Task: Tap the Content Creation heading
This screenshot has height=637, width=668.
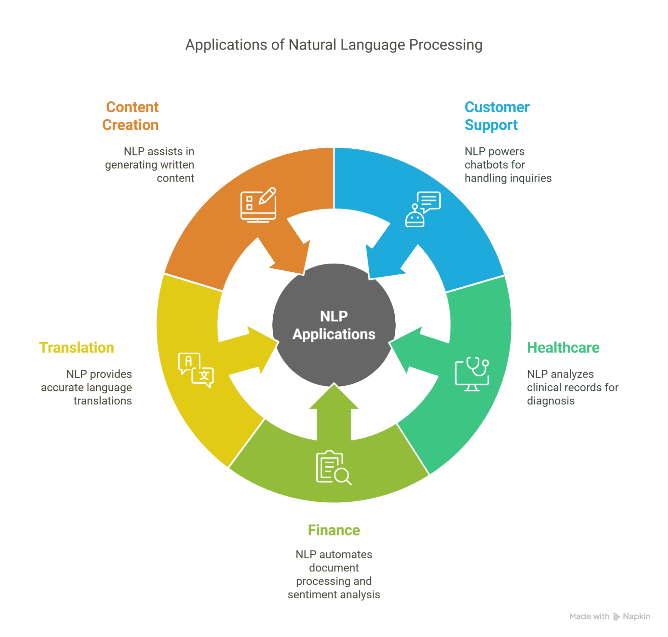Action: tap(131, 116)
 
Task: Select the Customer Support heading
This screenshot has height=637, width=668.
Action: tap(497, 116)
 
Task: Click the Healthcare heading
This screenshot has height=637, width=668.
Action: tap(563, 347)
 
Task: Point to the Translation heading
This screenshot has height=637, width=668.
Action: tap(77, 347)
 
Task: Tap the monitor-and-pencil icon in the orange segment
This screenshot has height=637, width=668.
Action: tap(258, 205)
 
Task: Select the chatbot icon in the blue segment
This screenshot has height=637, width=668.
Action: tap(423, 209)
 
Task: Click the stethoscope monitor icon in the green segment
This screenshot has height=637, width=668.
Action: tap(472, 374)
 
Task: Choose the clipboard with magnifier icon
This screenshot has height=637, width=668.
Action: tap(333, 468)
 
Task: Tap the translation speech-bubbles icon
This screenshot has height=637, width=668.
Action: tap(196, 370)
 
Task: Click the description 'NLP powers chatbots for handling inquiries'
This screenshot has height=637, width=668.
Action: tap(508, 165)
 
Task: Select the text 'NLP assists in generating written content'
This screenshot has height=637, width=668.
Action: tap(150, 165)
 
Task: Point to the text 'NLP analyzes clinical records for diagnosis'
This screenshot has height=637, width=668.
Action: tap(573, 387)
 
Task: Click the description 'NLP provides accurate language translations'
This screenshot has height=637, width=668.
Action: tap(87, 387)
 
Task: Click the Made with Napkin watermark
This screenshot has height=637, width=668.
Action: tap(610, 616)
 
